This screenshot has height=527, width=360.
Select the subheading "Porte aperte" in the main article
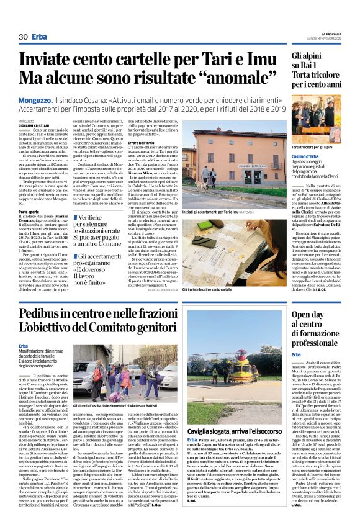coord(29,211)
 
